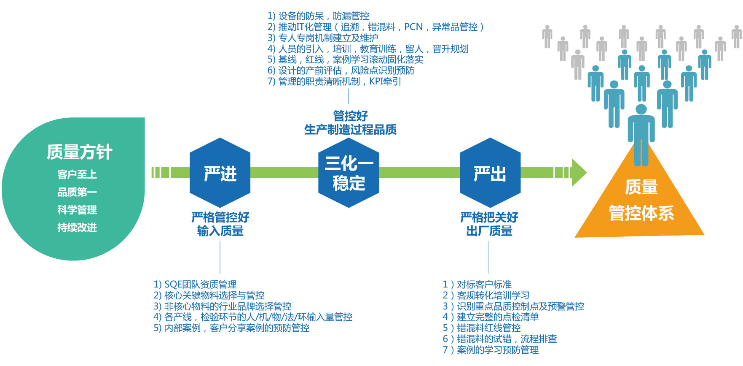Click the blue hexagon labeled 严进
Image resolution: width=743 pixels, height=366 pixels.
coord(220,173)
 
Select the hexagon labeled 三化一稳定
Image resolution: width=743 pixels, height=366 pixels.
coord(349,173)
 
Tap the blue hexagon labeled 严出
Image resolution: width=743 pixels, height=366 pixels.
coord(490,173)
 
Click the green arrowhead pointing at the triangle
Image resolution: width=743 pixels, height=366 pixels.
coord(579,173)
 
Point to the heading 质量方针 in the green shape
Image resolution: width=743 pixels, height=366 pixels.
coord(79,152)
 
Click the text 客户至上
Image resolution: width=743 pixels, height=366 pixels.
coord(77,174)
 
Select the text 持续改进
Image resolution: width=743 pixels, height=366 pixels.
coord(77,228)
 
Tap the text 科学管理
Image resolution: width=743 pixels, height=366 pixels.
coord(77,210)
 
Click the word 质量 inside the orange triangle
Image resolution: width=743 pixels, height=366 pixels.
coord(641,187)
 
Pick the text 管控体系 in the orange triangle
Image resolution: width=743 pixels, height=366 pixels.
coord(641,213)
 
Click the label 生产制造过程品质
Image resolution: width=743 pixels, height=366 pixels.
coord(350,130)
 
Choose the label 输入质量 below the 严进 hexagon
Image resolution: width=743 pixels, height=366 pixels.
coord(220,231)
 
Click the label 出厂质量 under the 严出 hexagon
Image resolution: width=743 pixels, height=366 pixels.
coord(489,231)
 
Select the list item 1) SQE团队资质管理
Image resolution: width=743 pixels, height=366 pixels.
coord(195,285)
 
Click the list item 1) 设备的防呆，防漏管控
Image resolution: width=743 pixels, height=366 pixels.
coord(318,16)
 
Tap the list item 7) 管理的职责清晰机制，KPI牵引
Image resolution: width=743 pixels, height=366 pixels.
coord(334,81)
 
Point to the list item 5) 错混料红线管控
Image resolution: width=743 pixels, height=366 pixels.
coord(482,328)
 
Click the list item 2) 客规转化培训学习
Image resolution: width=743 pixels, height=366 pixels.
coord(486,296)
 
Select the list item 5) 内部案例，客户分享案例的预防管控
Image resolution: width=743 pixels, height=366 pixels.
coord(231,328)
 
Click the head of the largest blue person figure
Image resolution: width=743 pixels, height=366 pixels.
coord(641,109)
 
